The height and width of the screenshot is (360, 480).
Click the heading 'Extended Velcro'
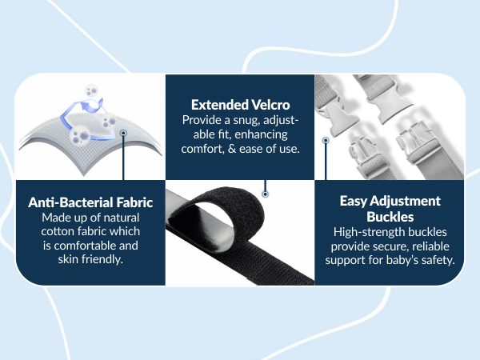pyautogui.click(x=240, y=104)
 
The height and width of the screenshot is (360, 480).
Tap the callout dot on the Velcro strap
pyautogui.click(x=265, y=193)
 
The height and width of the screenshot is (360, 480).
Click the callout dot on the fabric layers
pyautogui.click(x=124, y=133)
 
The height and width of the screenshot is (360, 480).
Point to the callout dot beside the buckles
pyautogui.click(x=326, y=140)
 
